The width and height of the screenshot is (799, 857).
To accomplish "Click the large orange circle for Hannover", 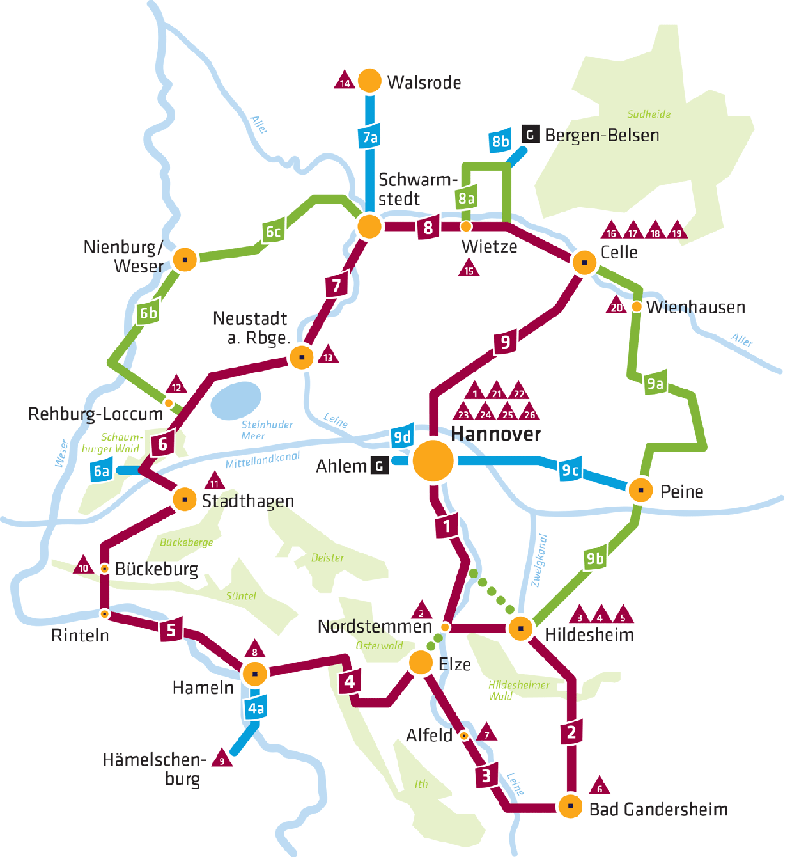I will (433, 460).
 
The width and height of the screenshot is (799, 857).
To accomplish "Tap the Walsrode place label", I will (424, 83).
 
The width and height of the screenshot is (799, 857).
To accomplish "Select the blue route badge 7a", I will (370, 137).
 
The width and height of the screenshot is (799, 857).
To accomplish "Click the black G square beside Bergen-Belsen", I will (530, 135).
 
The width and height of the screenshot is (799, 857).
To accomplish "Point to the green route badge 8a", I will (467, 198).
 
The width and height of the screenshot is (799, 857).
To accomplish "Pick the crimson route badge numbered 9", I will (505, 342).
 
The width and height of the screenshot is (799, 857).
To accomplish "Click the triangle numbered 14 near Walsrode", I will (345, 81).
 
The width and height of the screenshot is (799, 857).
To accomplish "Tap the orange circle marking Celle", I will (584, 262).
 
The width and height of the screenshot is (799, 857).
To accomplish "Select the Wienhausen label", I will (695, 308).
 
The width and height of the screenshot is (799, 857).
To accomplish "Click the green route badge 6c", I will (273, 232).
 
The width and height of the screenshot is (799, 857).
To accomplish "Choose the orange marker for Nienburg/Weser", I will (185, 259).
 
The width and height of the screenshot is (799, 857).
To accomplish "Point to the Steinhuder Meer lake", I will (236, 400).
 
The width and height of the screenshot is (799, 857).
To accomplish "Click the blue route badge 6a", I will (102, 471).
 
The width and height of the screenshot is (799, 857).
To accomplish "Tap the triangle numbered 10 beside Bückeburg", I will (83, 567).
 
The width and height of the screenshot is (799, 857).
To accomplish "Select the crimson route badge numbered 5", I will (171, 630).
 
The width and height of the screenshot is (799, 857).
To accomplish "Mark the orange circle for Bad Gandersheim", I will (570, 806).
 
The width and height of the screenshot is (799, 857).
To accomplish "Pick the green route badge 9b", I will (595, 558).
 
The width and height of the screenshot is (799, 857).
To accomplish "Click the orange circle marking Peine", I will (640, 490).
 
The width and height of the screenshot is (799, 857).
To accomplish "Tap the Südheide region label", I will (649, 114).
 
